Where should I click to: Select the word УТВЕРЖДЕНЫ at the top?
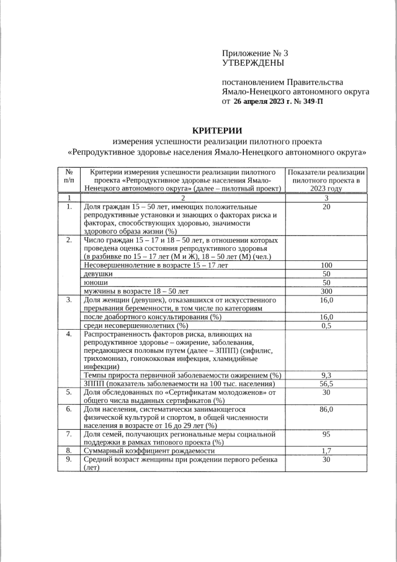tap(253, 63)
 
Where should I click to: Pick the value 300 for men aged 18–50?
tap(326, 291)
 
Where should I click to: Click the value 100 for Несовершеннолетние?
tap(326, 265)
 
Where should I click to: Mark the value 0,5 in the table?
tap(326, 325)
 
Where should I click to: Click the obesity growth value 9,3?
tap(326, 375)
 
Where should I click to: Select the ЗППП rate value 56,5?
tap(326, 384)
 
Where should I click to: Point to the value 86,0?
tap(326, 410)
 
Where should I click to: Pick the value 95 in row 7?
tap(326, 435)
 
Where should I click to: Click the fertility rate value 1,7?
tap(326, 451)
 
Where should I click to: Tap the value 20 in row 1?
tap(326, 207)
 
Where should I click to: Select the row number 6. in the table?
tap(69, 410)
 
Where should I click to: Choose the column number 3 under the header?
tap(326, 197)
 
